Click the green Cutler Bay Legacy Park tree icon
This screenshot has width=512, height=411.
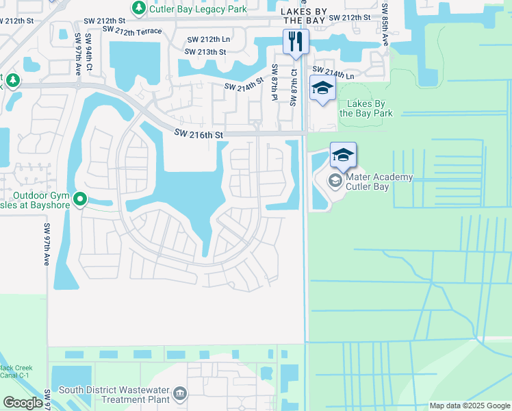point(139,8)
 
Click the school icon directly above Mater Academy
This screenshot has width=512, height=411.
point(343,155)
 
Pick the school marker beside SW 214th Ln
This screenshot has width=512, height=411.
point(322,88)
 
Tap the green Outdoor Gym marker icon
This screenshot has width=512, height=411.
point(80,199)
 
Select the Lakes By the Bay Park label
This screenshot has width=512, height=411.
point(370,108)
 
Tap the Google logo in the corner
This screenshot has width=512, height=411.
point(23,403)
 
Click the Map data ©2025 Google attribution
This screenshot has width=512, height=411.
point(469,406)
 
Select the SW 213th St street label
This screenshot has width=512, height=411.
point(206,52)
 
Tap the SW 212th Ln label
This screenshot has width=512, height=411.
point(209,40)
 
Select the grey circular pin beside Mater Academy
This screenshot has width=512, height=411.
point(335,180)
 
